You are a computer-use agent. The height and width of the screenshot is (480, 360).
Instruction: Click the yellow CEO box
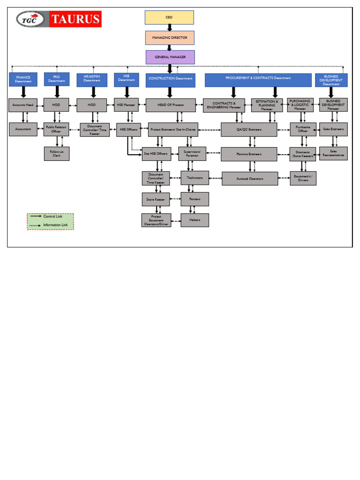(169, 17)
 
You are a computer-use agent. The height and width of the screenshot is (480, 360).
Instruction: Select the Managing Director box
(169, 37)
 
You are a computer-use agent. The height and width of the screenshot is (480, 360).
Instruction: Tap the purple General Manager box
(170, 57)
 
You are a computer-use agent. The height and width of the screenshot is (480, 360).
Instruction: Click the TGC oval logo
(31, 19)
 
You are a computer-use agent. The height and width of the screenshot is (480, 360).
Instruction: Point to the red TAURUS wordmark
(75, 19)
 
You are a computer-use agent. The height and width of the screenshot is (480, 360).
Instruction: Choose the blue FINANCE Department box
(23, 80)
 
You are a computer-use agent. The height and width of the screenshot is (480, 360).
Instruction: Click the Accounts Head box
(23, 105)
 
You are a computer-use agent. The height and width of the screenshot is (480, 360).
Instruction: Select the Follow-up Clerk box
(57, 153)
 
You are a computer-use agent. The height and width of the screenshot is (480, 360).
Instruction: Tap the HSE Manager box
(127, 105)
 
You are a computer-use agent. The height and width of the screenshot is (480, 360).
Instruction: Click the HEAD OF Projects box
(171, 105)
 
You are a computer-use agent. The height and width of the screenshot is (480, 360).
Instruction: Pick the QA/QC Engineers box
(249, 129)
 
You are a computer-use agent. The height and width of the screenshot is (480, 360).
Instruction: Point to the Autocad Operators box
(249, 179)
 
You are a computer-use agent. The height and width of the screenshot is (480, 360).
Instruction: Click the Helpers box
(195, 220)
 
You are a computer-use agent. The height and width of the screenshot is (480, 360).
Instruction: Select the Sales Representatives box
(333, 153)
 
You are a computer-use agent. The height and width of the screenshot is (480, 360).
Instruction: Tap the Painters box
(195, 199)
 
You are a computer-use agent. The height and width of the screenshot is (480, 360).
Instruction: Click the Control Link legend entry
(50, 217)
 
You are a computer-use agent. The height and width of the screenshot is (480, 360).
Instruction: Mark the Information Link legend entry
(50, 225)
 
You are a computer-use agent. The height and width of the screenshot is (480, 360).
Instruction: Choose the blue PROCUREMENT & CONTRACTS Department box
(258, 80)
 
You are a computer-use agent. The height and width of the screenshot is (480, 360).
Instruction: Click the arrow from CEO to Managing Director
(170, 28)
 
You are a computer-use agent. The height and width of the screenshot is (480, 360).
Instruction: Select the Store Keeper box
(156, 199)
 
